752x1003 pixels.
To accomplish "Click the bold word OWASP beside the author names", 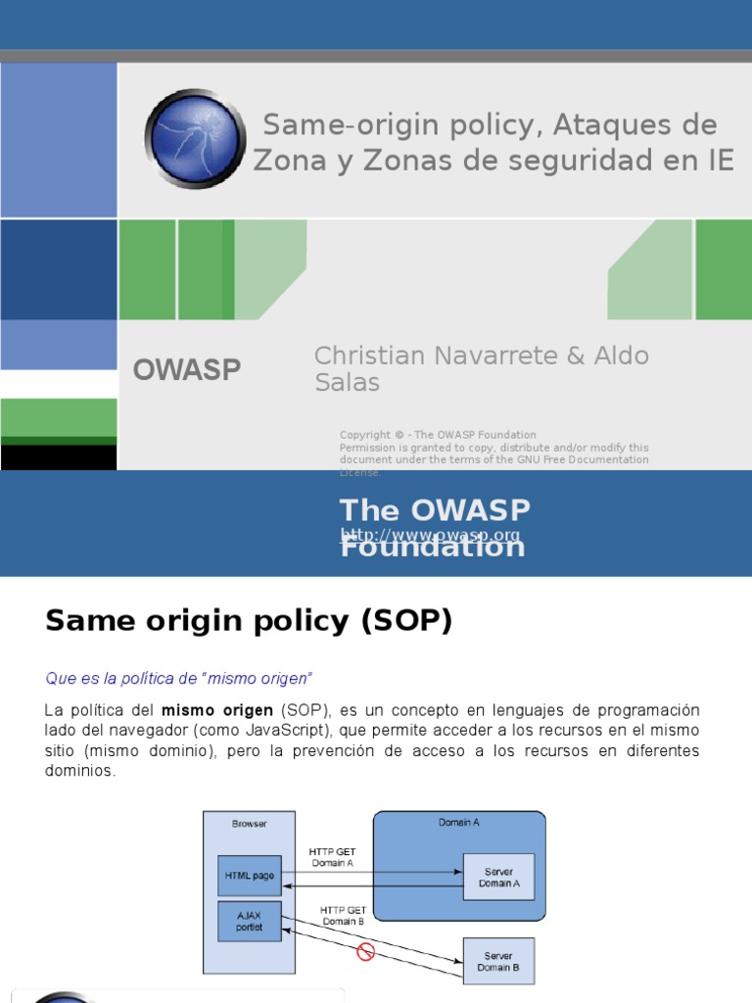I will [x=187, y=369].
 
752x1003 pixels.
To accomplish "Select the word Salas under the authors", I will [x=347, y=382].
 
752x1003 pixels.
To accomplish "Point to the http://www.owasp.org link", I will [x=430, y=535].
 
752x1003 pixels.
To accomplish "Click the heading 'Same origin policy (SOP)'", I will [x=249, y=621].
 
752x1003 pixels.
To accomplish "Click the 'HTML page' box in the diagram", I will [x=249, y=876].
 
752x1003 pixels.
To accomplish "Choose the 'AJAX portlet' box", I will [x=249, y=921].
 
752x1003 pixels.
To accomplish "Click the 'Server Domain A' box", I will [x=498, y=877].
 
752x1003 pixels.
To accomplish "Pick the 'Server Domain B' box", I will [x=498, y=961].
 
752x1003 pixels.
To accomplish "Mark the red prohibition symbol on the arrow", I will [x=366, y=951].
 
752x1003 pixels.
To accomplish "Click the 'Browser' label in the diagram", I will [x=249, y=824].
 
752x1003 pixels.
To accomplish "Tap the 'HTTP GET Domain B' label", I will [x=343, y=916].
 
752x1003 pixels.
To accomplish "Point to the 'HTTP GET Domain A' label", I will [x=332, y=856].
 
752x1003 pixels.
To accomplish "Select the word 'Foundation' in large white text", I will [x=432, y=547].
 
